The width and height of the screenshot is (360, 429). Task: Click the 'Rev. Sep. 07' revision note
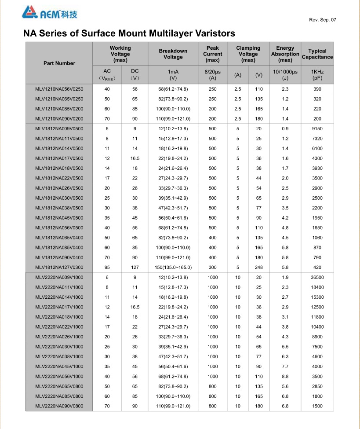(323, 20)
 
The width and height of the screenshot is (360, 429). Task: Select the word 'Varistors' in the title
(213, 33)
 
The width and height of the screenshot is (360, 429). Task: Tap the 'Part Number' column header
(59, 63)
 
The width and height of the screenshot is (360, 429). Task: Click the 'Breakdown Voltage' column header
(173, 54)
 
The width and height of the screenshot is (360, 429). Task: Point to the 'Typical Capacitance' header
(317, 54)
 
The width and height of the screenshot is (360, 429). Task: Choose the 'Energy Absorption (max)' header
(285, 54)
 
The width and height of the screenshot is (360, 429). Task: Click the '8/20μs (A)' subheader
(213, 74)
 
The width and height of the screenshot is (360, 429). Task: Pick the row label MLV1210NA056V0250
(59, 89)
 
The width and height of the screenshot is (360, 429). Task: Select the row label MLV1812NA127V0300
(59, 267)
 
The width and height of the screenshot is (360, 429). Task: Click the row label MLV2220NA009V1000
(59, 277)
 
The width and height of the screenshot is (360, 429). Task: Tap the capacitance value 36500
(317, 277)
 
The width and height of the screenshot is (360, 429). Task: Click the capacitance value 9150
(317, 128)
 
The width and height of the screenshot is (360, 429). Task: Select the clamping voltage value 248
(258, 267)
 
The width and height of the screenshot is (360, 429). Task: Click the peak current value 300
(213, 267)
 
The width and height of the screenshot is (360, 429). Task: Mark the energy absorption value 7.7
(285, 366)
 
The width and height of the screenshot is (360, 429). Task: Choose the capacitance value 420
(317, 267)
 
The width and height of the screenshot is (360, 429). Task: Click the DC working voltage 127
(135, 267)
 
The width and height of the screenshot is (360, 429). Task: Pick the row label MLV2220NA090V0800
(59, 406)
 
